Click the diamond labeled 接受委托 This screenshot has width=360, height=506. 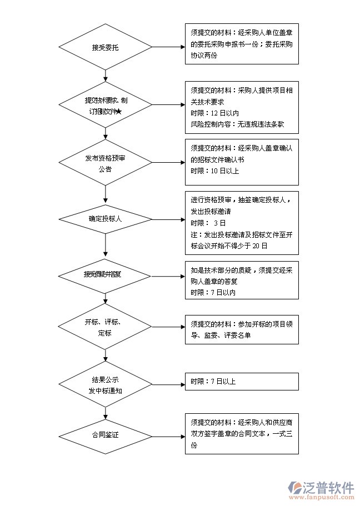point(105,47)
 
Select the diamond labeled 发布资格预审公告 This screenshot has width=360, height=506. point(105,163)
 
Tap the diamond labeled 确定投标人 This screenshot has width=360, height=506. point(105,218)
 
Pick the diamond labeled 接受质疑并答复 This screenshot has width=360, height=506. point(105,274)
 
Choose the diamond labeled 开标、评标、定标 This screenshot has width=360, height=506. point(105,327)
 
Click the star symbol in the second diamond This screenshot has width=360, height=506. point(118,112)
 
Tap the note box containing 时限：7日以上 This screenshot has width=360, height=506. point(242,382)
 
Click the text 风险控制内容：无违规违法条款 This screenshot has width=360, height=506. point(237,124)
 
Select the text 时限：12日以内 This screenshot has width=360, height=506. point(214,113)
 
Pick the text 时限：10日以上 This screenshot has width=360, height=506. point(214,171)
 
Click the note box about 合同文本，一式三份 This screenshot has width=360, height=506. point(242,434)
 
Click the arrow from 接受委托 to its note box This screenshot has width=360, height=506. point(168,47)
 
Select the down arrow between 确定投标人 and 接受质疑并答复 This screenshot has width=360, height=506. point(105,244)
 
